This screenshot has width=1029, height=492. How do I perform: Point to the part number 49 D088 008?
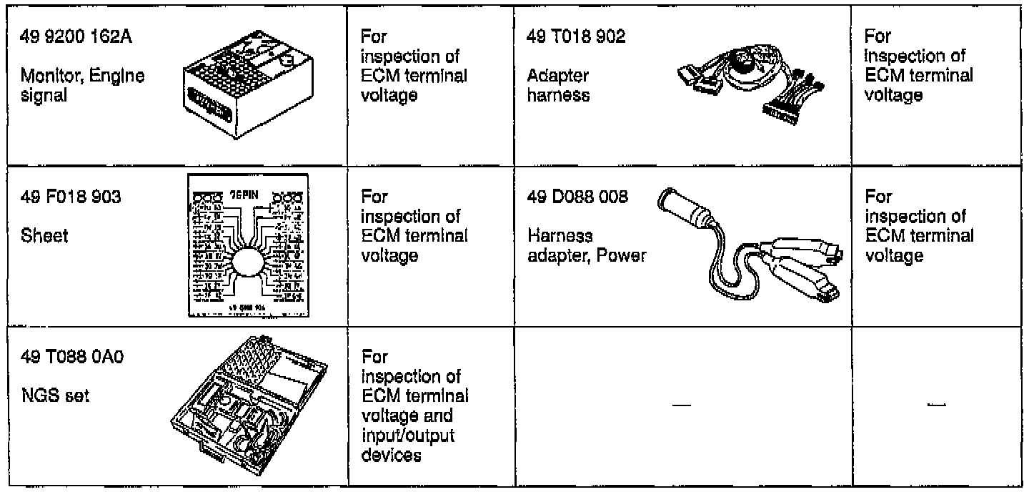click(x=577, y=197)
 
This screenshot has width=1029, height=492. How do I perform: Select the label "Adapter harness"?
click(x=559, y=85)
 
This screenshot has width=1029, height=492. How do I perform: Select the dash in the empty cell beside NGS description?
click(x=682, y=406)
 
